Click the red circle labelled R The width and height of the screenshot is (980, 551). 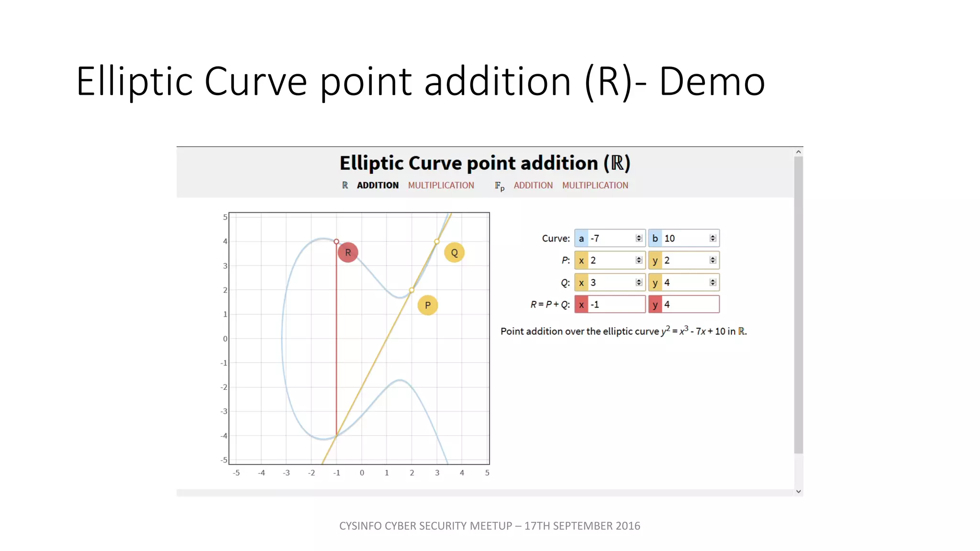[348, 253]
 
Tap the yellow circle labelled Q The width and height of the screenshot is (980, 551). [454, 253]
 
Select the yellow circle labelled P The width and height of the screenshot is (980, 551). [427, 305]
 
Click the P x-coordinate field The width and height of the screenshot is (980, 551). [611, 260]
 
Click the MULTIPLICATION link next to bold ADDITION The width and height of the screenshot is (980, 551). [441, 186]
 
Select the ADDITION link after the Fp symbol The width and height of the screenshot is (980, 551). [533, 186]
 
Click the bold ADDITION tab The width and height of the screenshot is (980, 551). [378, 186]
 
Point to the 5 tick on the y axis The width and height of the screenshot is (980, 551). [225, 217]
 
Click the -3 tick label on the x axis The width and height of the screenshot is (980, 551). [286, 473]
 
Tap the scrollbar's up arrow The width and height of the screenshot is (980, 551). [798, 152]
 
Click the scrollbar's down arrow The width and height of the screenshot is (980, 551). [798, 491]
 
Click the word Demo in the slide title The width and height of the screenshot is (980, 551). [712, 82]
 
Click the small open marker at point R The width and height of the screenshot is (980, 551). [336, 242]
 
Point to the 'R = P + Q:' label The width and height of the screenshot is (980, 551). [550, 305]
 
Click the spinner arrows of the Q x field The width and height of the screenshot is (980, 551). [639, 283]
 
